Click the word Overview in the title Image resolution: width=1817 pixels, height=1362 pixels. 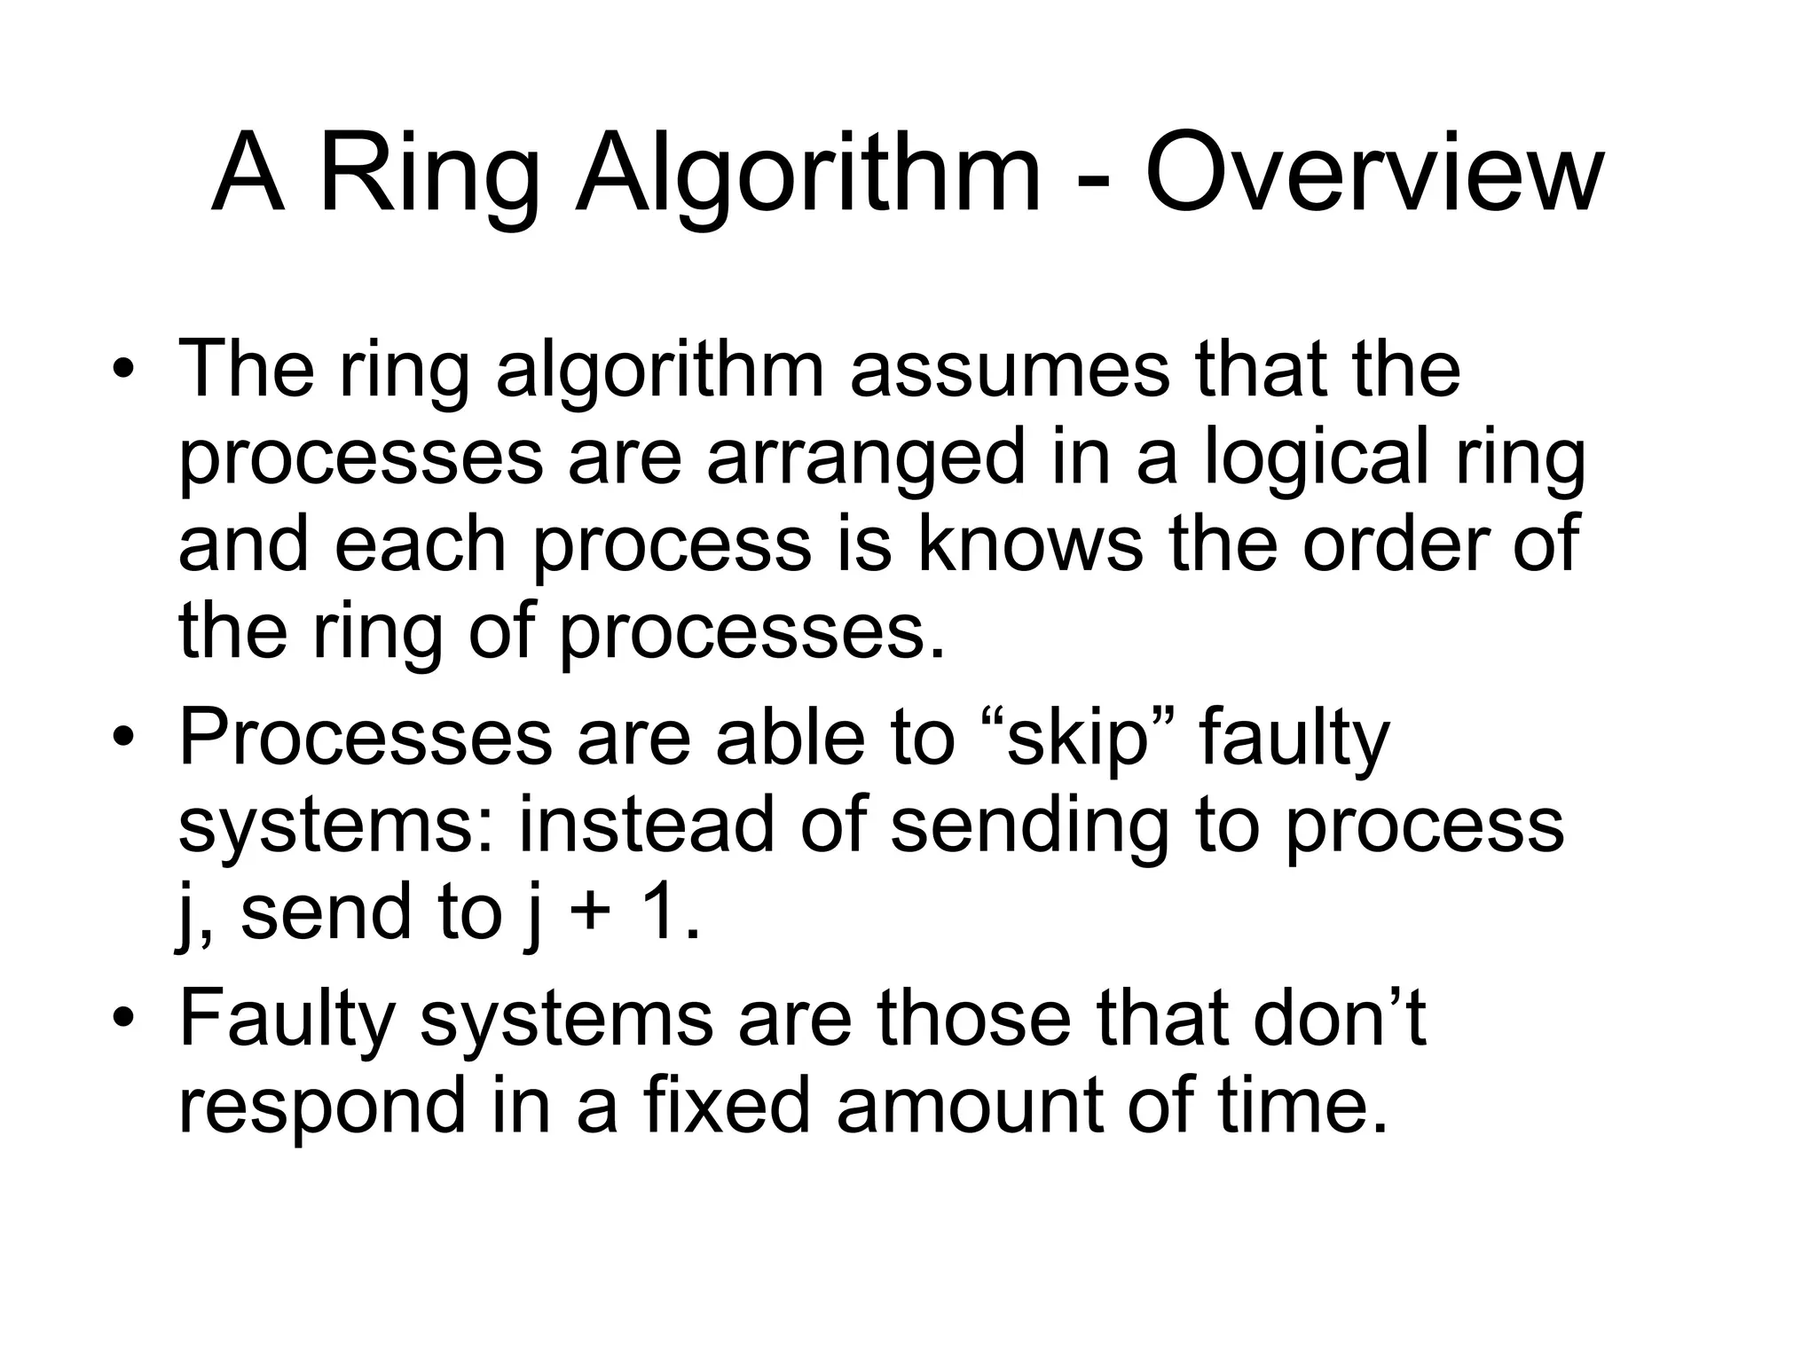coord(1374,174)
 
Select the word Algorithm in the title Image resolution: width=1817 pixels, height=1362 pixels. coord(807,174)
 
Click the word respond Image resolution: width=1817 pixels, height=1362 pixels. coord(322,1107)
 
